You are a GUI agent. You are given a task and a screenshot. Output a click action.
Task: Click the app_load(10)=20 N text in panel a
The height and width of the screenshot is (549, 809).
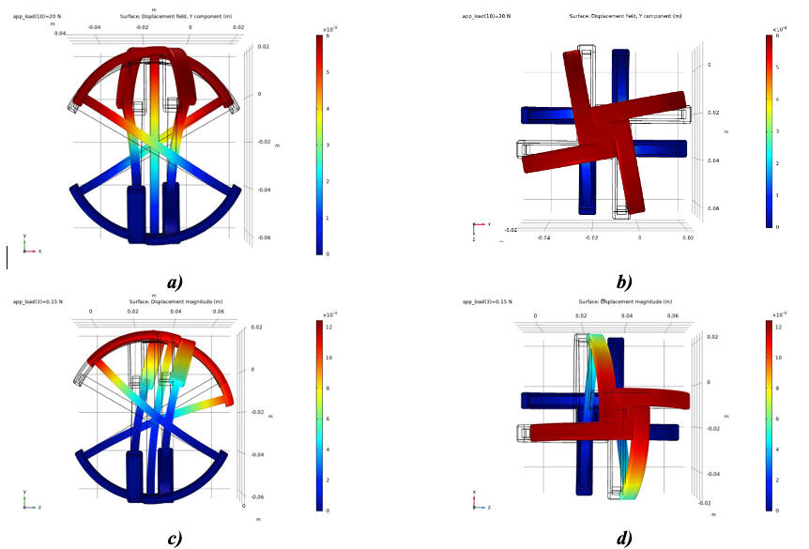coord(37,15)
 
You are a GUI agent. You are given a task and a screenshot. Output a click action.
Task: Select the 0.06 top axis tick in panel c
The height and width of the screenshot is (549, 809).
coord(217,311)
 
